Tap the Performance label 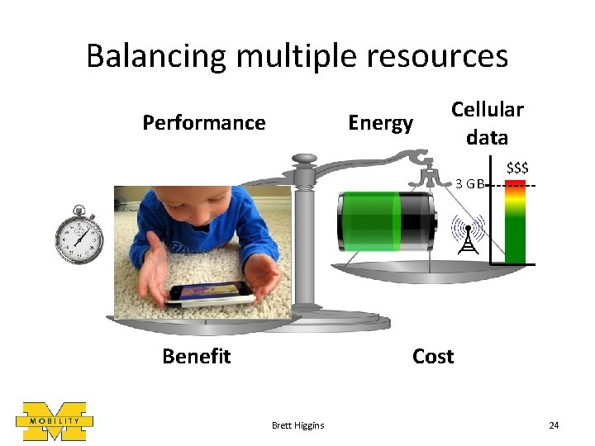point(203,123)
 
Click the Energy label point(380,123)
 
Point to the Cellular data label point(487,122)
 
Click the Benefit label point(196,356)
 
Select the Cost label point(432,356)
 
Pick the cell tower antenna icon point(467,235)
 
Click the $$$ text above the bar point(517,168)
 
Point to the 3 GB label point(470,184)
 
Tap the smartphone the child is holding point(209,293)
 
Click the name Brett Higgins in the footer point(297,425)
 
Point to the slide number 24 point(554,425)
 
